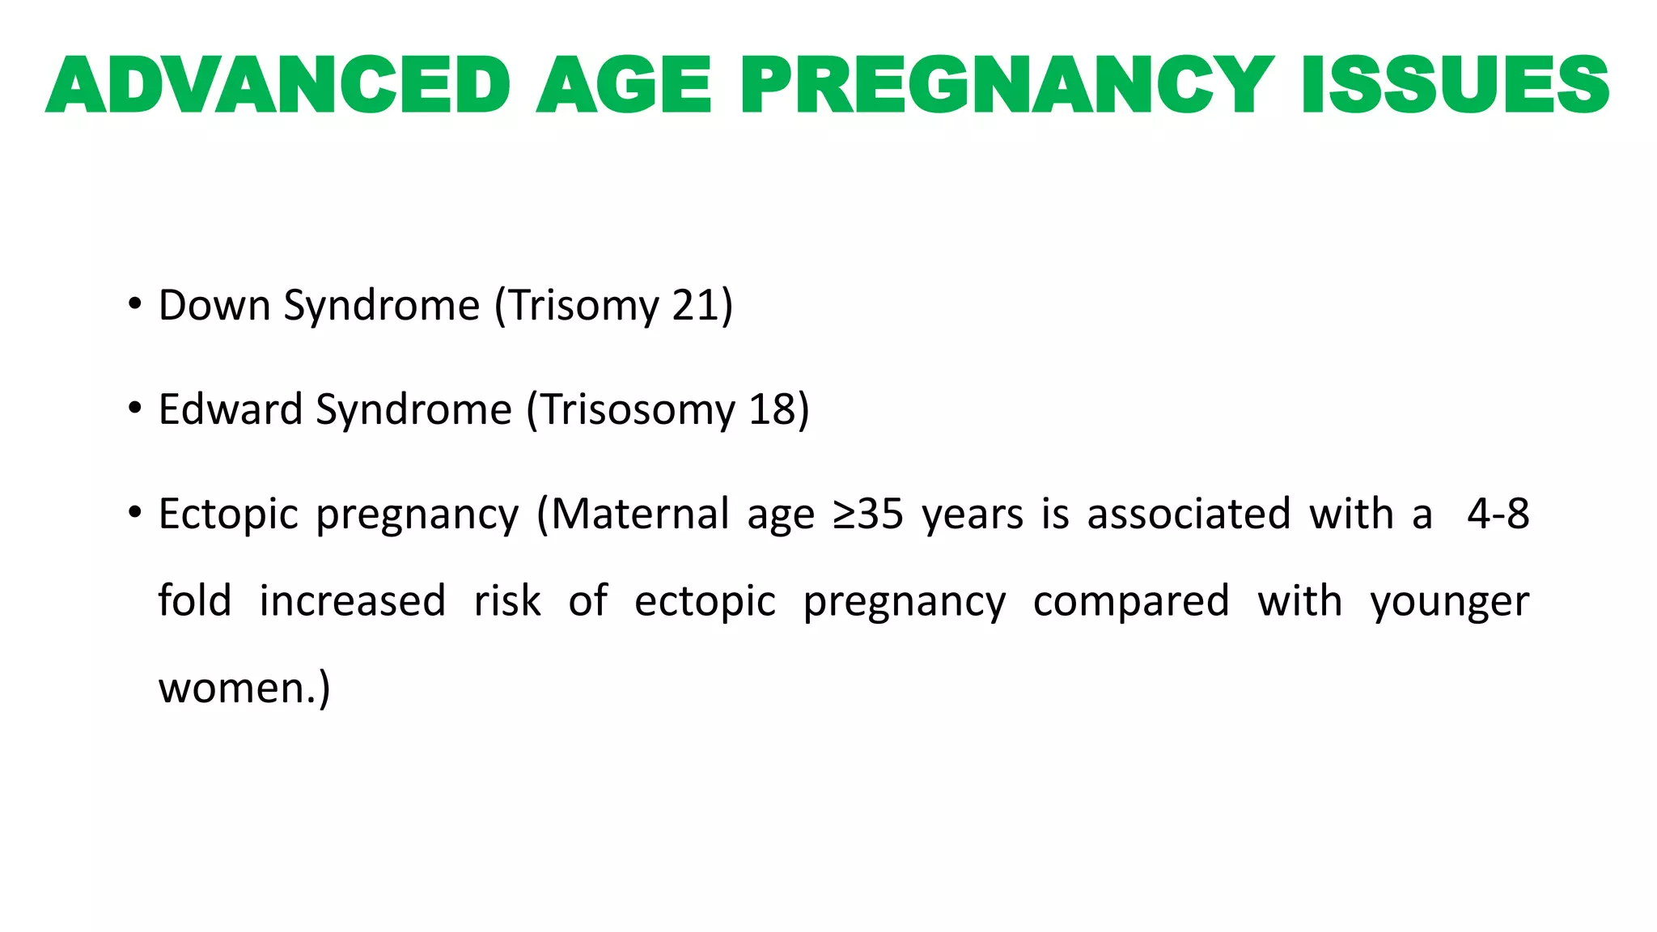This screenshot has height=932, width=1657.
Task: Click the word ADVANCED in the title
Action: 278,85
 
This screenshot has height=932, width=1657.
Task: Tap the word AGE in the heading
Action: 623,85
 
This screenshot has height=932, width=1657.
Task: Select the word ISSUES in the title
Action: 1456,85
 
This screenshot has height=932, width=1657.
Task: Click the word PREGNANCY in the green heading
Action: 1006,85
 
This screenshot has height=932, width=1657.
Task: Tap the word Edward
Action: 230,409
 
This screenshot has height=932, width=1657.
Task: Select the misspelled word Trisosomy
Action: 638,409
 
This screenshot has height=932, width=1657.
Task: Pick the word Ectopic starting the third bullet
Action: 228,515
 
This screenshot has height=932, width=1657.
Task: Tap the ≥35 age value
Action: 867,515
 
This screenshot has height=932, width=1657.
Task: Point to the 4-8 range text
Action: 1498,515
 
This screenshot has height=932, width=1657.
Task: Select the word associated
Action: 1188,515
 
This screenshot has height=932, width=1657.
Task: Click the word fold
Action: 194,601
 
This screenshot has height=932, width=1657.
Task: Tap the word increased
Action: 352,601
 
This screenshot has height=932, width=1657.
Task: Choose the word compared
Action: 1131,601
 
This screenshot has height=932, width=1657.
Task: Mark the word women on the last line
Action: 231,688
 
